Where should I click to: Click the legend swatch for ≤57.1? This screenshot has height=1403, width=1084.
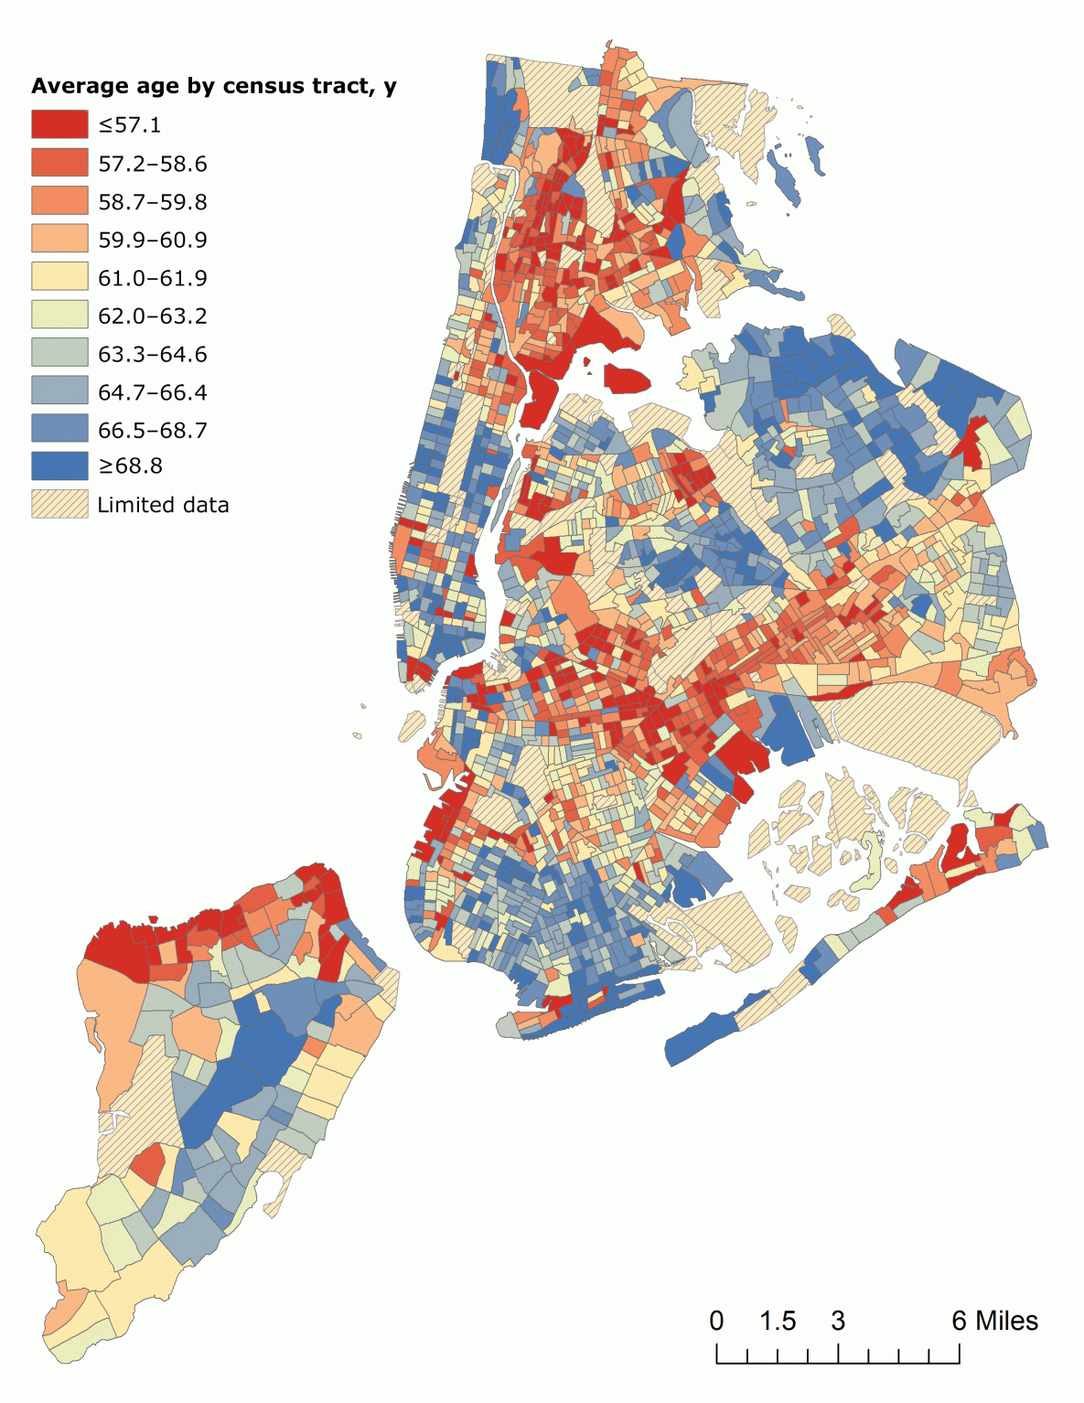[x=59, y=124]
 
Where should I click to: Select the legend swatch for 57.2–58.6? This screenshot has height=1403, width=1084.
[x=59, y=163]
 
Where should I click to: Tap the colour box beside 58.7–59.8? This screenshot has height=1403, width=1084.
[x=59, y=201]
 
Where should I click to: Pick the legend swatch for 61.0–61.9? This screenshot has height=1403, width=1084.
[x=59, y=277]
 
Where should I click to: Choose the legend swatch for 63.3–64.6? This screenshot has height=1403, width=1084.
[x=59, y=353]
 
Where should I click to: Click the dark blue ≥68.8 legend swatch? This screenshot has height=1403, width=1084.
[x=59, y=466]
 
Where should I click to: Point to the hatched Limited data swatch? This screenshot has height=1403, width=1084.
[x=59, y=504]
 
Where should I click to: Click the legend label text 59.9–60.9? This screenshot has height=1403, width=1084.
[x=153, y=240]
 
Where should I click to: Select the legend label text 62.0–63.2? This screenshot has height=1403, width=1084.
[x=153, y=316]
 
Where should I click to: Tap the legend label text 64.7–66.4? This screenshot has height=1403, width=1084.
[x=153, y=392]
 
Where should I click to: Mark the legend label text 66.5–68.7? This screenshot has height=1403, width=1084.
[x=153, y=430]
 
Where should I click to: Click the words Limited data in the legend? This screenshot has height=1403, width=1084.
[x=163, y=505]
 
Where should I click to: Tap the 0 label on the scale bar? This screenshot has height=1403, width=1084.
[x=716, y=1321]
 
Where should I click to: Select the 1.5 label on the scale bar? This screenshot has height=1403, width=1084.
[x=778, y=1321]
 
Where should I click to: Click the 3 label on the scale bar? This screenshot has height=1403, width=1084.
[x=838, y=1321]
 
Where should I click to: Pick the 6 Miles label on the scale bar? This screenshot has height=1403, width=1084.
[x=994, y=1321]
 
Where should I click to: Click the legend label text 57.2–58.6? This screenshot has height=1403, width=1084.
[x=153, y=164]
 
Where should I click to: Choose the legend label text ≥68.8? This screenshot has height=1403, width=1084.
[x=130, y=466]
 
